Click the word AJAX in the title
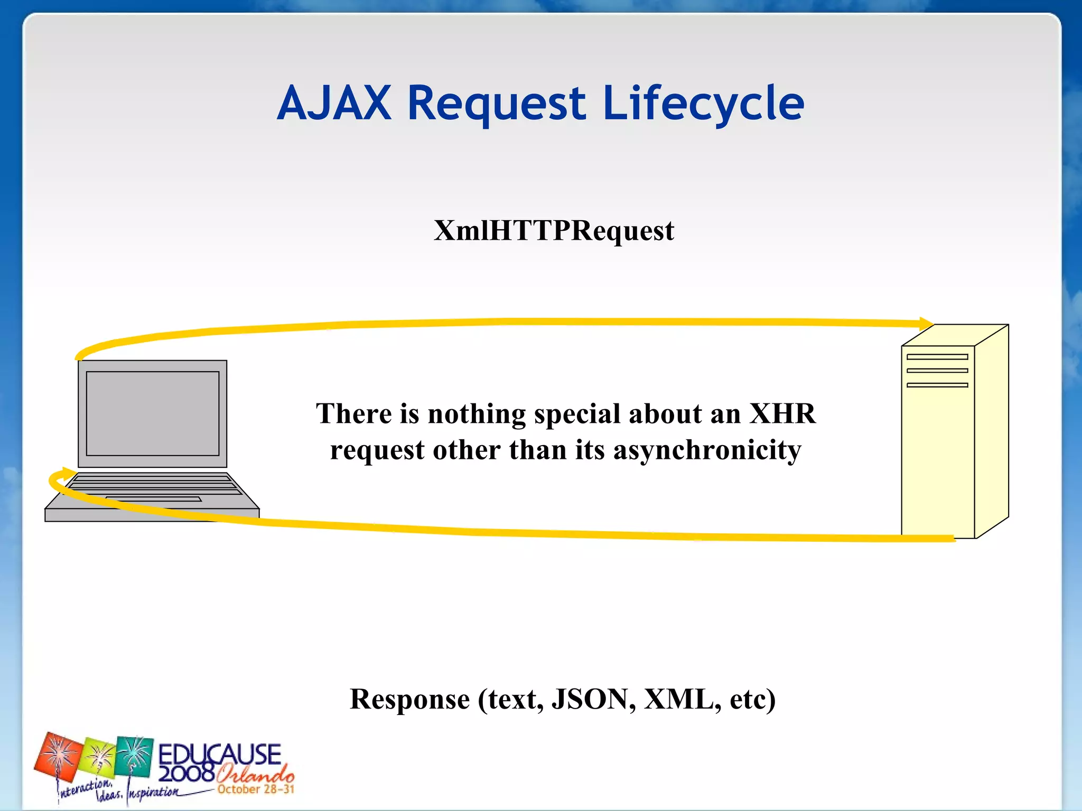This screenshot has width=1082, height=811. point(334,103)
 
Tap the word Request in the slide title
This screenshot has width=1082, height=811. point(497,104)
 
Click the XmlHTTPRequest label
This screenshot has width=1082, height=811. point(554,231)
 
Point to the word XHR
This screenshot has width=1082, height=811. point(782,413)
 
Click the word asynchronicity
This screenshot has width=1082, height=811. point(707,450)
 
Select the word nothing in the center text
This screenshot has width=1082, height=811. point(477,414)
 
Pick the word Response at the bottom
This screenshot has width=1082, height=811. point(409,699)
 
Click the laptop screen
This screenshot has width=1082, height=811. point(153,413)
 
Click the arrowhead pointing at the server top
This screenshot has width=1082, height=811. point(926,324)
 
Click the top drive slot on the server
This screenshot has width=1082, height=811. point(937,357)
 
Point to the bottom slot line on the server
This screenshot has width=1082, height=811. point(937,385)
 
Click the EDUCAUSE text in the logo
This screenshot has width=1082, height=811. point(219,754)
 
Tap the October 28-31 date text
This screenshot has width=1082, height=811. point(256,789)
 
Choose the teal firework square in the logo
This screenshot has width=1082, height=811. point(135,756)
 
